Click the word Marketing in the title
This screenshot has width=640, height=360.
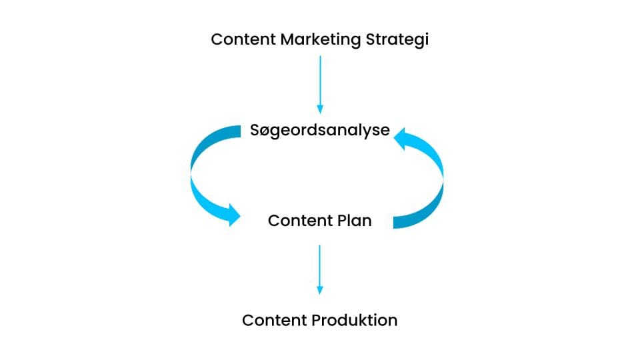click(x=321, y=40)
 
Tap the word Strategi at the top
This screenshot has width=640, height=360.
click(x=397, y=40)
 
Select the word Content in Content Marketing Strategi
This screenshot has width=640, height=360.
click(x=243, y=39)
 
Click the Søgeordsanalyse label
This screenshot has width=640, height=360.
click(x=320, y=131)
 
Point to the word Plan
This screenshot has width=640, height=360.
click(x=354, y=221)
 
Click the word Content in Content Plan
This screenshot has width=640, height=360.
click(x=301, y=221)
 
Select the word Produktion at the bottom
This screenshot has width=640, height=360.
click(x=354, y=320)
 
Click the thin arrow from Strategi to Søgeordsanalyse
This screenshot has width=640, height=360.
click(x=320, y=85)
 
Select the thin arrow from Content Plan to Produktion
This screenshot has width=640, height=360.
click(x=319, y=269)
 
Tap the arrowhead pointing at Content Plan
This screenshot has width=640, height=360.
click(x=234, y=215)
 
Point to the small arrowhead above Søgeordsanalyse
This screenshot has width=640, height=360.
click(x=320, y=109)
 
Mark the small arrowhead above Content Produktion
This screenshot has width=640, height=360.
click(x=319, y=290)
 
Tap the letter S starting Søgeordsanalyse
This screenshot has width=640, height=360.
click(x=255, y=130)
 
